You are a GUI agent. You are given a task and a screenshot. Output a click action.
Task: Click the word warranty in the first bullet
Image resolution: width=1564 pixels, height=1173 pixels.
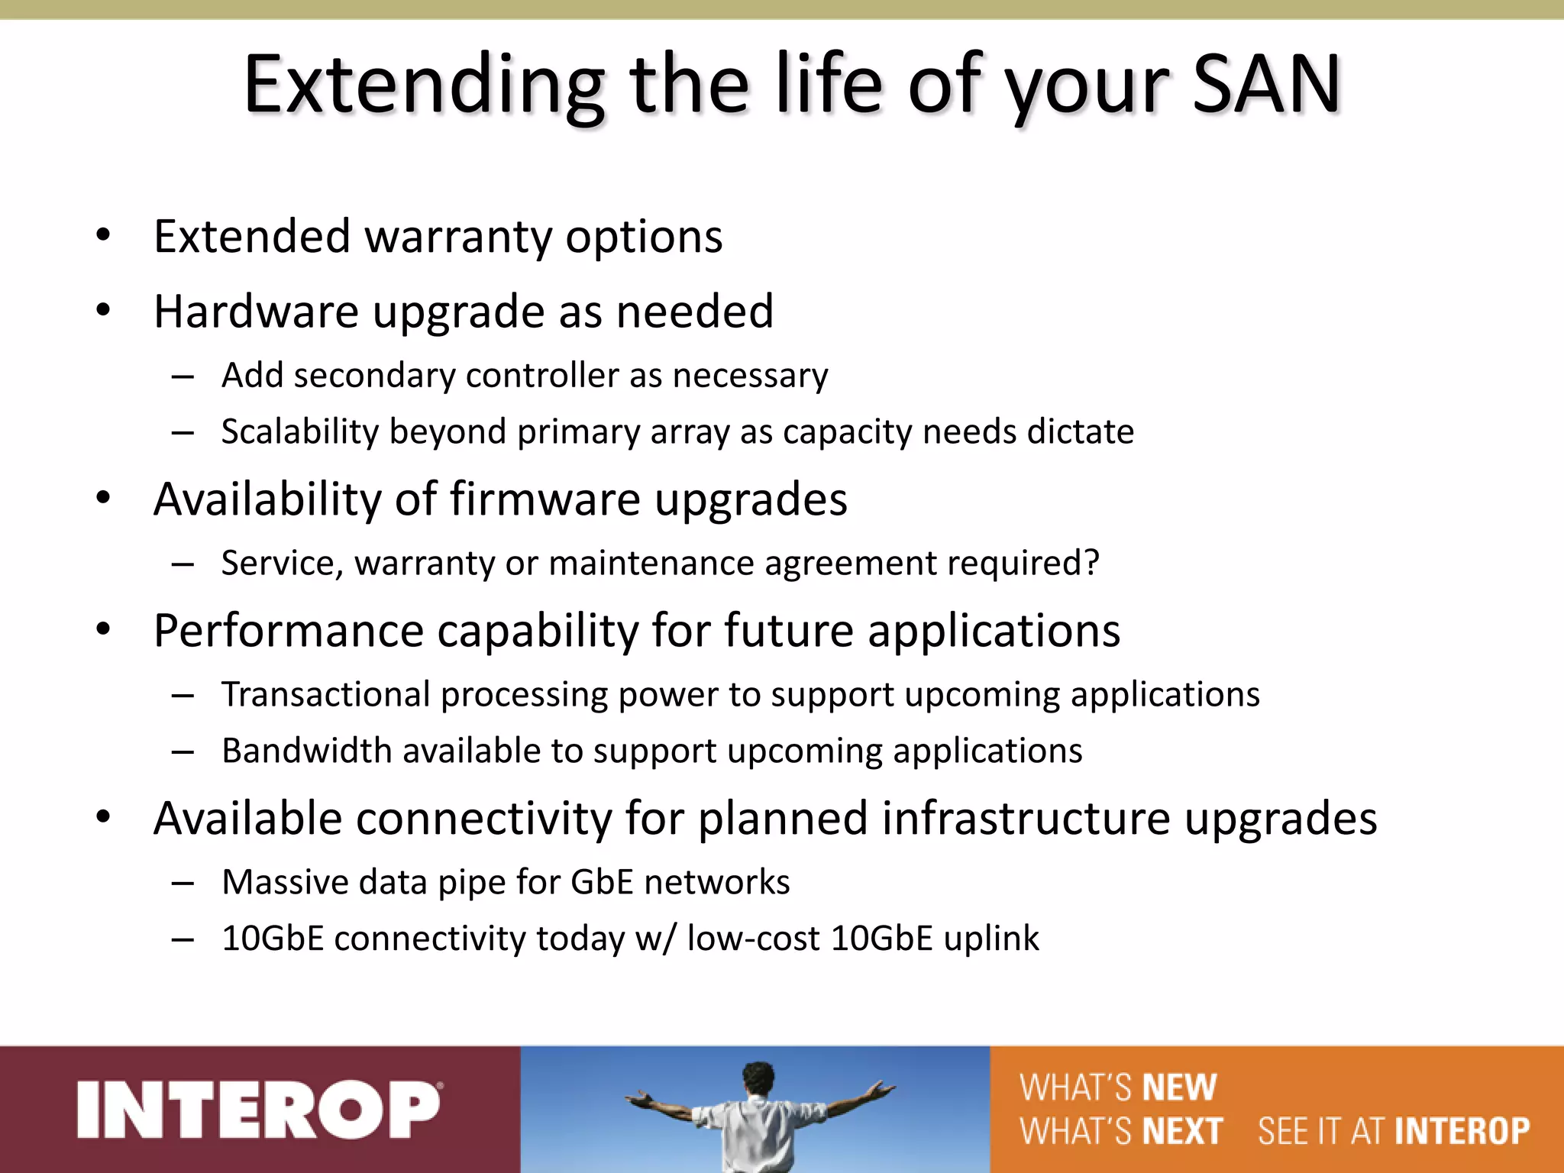coord(458,237)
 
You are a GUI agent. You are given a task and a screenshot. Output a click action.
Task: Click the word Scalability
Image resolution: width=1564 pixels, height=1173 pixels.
coord(300,432)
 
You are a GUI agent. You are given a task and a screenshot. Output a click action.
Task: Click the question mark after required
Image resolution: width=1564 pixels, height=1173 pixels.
coord(1092,563)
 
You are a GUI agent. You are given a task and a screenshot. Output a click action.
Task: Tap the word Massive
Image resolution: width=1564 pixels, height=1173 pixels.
coord(285,883)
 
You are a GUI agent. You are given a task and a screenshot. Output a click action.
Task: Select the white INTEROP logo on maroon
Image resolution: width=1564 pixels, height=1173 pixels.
coord(259,1110)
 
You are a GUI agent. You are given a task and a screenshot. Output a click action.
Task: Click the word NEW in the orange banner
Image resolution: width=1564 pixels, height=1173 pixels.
coord(1179,1087)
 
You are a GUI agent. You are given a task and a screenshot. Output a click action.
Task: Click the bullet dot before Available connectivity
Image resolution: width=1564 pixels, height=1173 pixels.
coord(104,817)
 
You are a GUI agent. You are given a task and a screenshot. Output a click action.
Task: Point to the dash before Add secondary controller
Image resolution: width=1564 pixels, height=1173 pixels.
coord(183,376)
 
